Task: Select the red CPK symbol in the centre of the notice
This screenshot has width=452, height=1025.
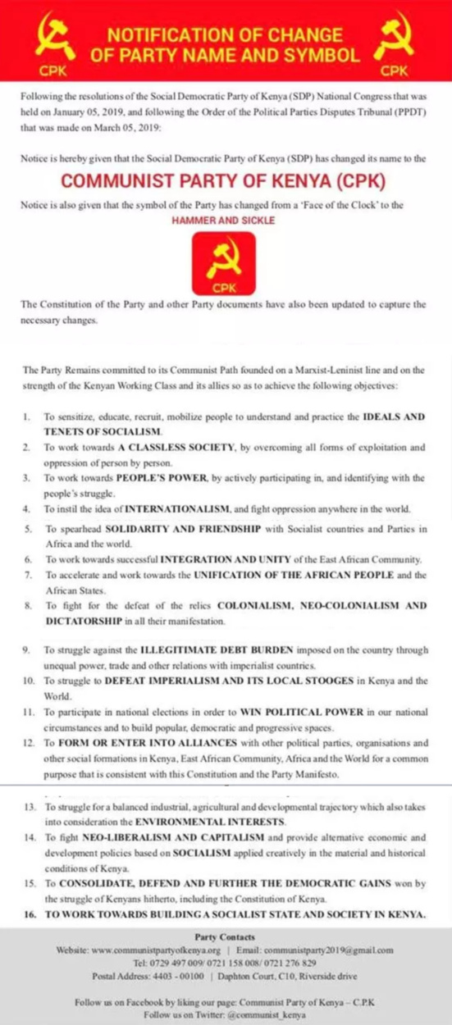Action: [225, 264]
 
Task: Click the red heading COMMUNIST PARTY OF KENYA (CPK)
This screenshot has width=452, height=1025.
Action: [225, 180]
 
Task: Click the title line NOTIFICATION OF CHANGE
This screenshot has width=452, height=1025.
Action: [226, 35]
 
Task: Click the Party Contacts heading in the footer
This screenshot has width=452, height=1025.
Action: [226, 936]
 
